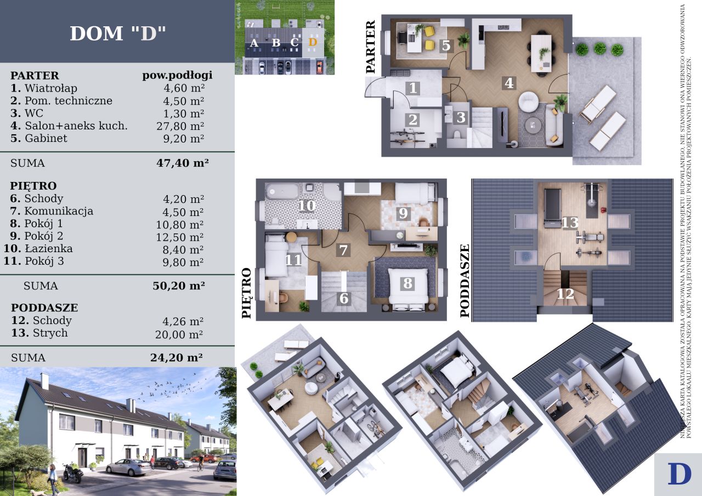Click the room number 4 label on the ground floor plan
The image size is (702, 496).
coord(509,83)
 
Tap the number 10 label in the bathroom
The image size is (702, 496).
coord(307,206)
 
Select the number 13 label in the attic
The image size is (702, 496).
coord(570,223)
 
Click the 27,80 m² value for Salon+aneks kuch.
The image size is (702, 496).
coord(180,126)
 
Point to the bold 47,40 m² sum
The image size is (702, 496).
coord(183,163)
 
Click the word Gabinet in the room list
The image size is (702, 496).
coord(46,138)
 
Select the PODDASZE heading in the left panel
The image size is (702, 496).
coord(44,307)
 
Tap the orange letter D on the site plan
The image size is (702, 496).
coord(313,42)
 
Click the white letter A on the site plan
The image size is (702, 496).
coord(254,43)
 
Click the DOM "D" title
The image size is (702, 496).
coord(117,33)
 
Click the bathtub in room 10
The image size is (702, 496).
coord(282,191)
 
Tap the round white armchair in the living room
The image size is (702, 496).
coord(528,101)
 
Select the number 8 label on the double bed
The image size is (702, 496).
coord(407,283)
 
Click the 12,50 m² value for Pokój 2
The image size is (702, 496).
coord(179,237)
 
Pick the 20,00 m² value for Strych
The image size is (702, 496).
coord(179,334)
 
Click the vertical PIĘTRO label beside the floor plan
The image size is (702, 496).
coord(247,293)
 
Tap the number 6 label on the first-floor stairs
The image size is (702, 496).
coord(344,298)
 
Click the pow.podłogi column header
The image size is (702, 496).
coord(177,76)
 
